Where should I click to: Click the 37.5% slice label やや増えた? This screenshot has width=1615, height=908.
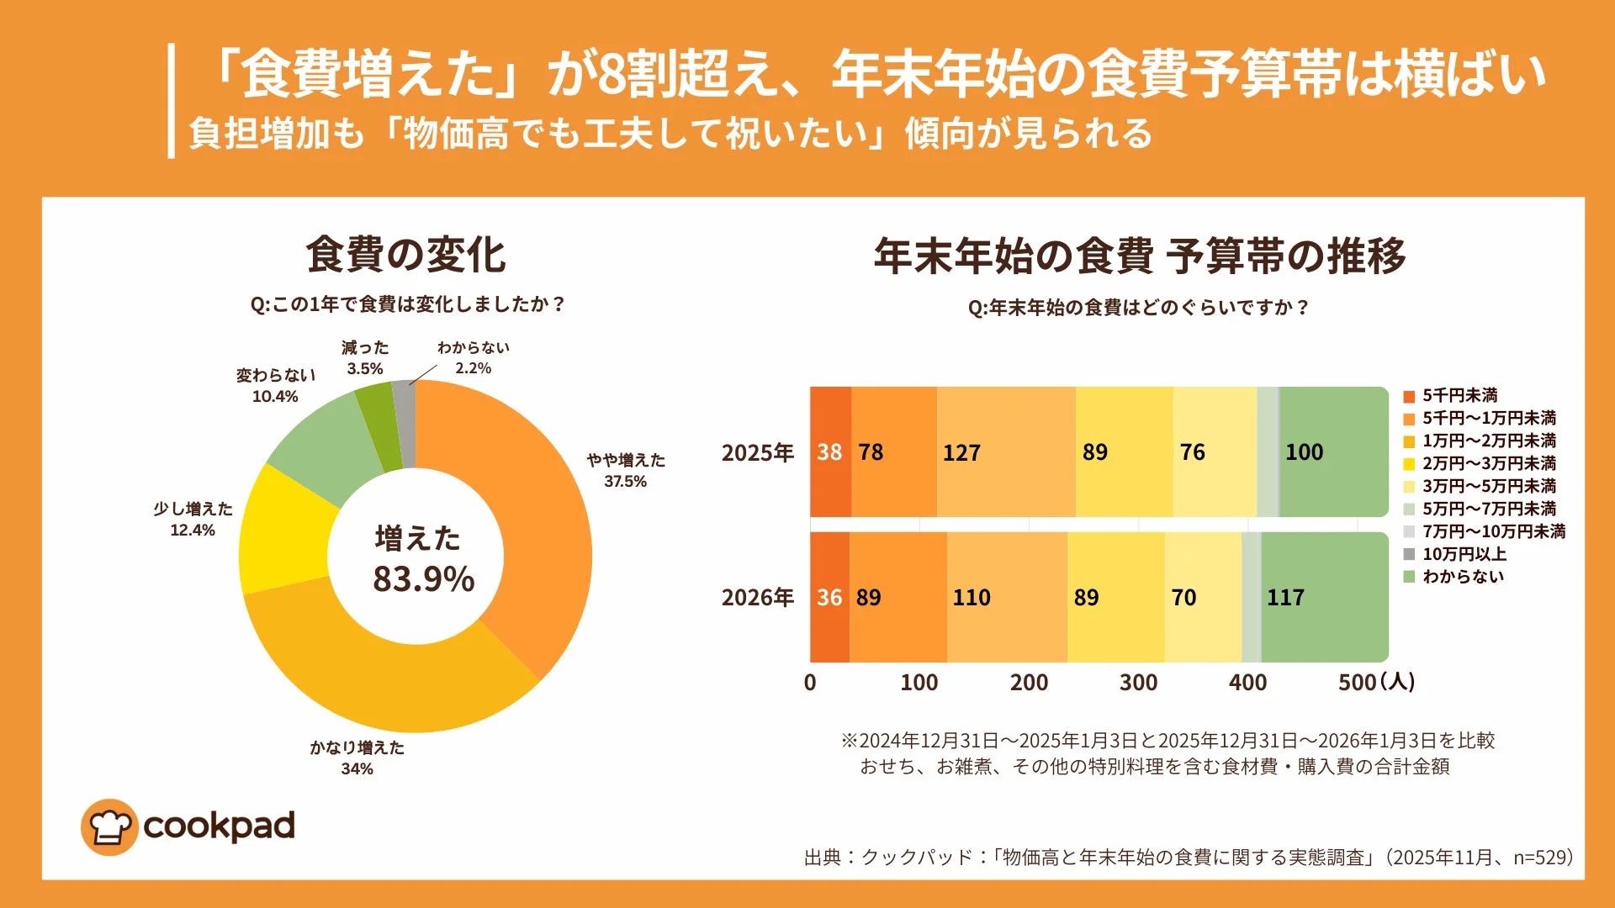[x=626, y=470]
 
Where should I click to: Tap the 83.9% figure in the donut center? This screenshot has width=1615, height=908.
[x=423, y=579]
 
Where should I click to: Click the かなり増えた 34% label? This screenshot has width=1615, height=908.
[x=357, y=758]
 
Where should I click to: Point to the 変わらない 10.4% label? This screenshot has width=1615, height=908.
[x=275, y=385]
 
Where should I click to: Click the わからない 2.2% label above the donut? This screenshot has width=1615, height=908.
[x=473, y=357]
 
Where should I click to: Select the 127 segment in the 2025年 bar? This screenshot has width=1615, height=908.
[x=1005, y=452]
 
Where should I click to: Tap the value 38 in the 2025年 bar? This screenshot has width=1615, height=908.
[x=829, y=452]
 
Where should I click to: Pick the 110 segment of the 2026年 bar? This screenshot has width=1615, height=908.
[x=1006, y=597]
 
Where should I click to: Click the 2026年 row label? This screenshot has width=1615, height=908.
[x=757, y=597]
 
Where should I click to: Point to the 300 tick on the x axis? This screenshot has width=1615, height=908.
[x=1138, y=683]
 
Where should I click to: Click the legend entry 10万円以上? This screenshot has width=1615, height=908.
[x=1464, y=554]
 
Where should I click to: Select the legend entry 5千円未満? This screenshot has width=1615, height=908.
[x=1459, y=395]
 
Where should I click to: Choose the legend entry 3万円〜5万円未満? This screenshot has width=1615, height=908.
[x=1488, y=486]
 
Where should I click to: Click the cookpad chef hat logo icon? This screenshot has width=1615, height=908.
[x=109, y=827]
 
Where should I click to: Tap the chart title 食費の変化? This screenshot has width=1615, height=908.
[x=405, y=255]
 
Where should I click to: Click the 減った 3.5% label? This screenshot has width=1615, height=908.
[x=365, y=357]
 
